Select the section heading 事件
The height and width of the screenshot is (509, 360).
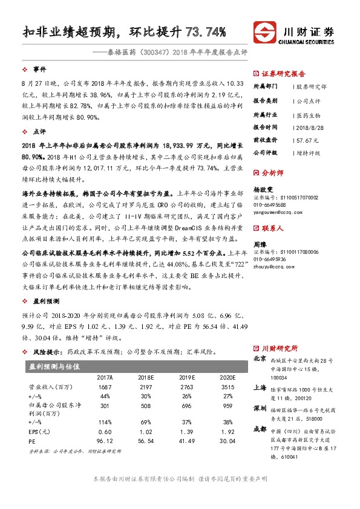[40, 69]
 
